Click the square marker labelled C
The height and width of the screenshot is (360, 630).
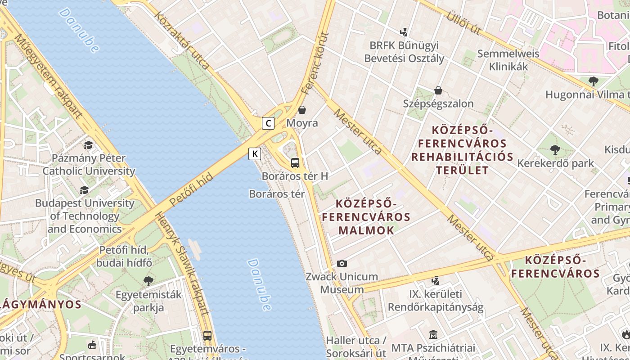click(268, 123)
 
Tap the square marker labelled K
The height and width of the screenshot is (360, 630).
click(255, 154)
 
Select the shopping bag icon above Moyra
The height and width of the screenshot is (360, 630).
click(302, 110)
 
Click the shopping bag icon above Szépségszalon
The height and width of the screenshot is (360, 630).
click(438, 90)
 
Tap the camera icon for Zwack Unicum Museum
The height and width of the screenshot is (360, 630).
click(342, 263)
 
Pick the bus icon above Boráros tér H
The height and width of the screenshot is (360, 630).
click(295, 163)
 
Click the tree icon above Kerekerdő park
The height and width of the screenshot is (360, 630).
click(555, 149)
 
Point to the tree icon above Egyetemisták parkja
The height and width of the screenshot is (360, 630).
click(148, 281)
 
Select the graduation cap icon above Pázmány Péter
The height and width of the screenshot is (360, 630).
click(88, 145)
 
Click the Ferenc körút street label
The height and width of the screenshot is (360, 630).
click(315, 63)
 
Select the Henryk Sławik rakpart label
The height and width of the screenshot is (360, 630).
click(182, 263)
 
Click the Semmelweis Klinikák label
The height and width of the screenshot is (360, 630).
click(508, 60)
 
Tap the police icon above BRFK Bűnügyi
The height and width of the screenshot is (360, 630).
click(404, 32)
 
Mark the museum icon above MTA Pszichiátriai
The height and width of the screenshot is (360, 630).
click(433, 335)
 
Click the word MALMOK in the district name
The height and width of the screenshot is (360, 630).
click(366, 230)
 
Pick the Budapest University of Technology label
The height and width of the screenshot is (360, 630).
click(85, 216)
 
